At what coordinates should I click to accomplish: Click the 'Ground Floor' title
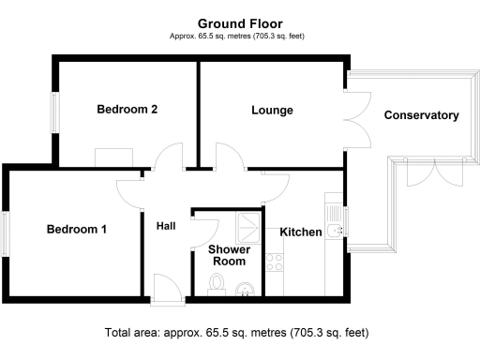(x=240, y=22)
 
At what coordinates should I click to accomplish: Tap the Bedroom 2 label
(x=127, y=110)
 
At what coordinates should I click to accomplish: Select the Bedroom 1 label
(x=78, y=229)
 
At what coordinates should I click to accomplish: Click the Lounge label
(x=272, y=111)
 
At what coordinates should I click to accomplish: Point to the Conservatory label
(x=421, y=116)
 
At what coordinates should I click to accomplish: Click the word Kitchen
(x=301, y=232)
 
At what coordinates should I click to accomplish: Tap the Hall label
(x=166, y=226)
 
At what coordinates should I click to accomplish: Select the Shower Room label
(x=227, y=256)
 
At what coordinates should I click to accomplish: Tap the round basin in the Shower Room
(x=245, y=288)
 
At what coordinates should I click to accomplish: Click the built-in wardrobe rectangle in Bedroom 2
(x=114, y=157)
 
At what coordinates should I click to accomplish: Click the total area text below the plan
(x=240, y=333)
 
